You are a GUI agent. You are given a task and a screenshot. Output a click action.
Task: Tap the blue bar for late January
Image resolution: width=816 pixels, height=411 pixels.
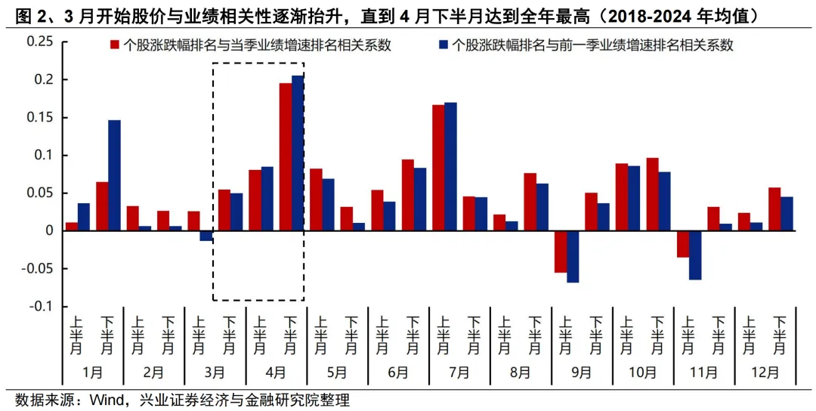114,175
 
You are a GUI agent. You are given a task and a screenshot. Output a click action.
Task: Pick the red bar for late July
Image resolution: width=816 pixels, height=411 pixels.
438,167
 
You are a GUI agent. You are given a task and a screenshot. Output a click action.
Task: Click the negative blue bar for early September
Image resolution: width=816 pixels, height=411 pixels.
573,256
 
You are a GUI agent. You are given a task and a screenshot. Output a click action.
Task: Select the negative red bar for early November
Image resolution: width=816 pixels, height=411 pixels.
683,243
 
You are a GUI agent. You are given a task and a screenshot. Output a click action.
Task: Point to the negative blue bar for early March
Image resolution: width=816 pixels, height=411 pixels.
206,236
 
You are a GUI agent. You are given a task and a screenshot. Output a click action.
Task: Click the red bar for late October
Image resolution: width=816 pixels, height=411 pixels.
652,194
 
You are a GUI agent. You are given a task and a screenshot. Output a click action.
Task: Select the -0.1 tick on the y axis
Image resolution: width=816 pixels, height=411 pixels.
42,306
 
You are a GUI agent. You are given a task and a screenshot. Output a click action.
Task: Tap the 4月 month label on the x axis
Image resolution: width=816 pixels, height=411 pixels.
276,372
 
